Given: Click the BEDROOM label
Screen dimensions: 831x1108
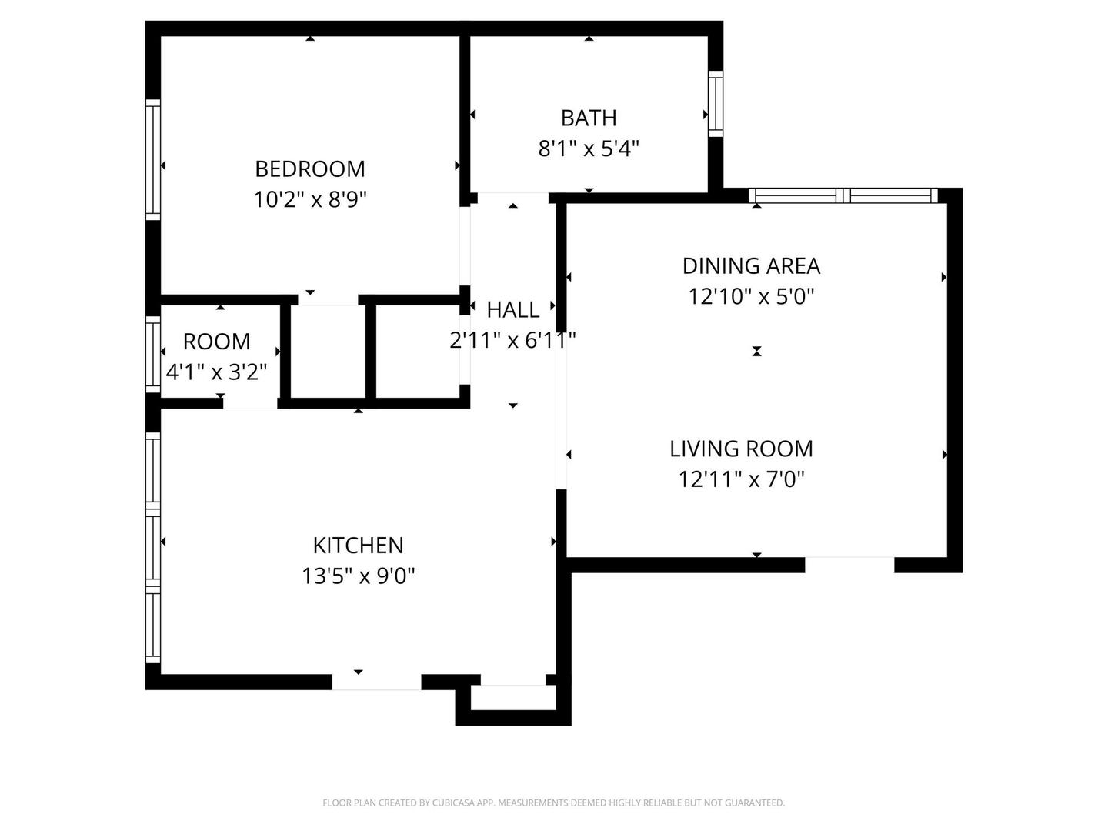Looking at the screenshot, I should coord(310,169).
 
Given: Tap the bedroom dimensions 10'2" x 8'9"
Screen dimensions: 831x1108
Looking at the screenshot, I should coord(310,200).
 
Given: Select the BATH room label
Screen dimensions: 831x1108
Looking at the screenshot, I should coord(589,118).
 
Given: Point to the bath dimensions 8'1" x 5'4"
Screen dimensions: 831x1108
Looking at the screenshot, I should coord(589,148).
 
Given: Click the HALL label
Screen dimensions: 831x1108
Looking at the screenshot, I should coord(513,310).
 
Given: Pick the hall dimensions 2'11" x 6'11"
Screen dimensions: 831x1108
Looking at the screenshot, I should coord(513,339).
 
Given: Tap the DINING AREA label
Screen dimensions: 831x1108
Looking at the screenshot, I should coord(751,266).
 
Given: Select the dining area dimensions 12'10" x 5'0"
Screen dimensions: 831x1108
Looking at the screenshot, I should coord(751,296).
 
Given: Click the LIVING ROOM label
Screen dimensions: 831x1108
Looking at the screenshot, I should coord(741,449).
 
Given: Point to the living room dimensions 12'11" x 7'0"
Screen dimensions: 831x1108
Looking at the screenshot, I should coord(741,479).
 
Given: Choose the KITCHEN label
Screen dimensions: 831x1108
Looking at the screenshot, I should coord(358,546).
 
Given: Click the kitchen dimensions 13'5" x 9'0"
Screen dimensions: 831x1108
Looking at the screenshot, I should coord(358,576).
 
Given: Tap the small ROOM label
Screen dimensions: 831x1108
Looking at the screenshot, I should coord(217,342).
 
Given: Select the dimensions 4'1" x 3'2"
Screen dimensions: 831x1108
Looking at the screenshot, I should coord(217,372).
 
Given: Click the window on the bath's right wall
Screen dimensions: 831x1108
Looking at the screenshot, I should coord(716,104).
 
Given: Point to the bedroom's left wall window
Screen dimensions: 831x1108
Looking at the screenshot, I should coord(153,160).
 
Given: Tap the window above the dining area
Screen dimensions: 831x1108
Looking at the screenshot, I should coord(844,195).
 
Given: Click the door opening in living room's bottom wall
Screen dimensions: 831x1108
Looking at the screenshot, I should coord(849,564).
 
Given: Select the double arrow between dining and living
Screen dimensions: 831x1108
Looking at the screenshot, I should coord(756,352).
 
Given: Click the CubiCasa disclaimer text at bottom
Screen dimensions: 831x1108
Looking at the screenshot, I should coord(553,803).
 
